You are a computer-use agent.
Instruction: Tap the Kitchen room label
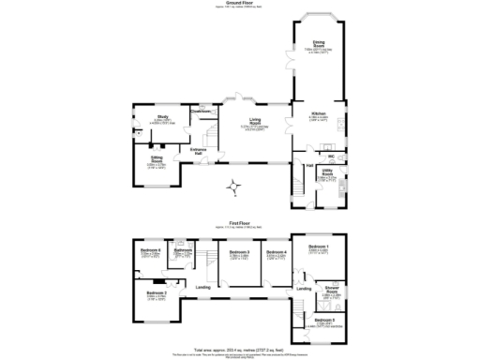pyautogui.click(x=318, y=114)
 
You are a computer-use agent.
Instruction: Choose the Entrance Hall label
pyautogui.click(x=198, y=150)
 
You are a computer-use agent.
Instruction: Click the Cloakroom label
pyautogui.click(x=201, y=111)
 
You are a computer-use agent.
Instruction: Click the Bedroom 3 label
pyautogui.click(x=240, y=252)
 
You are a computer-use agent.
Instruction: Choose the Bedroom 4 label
pyautogui.click(x=276, y=252)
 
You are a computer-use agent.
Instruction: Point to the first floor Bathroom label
pyautogui.click(x=183, y=250)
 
